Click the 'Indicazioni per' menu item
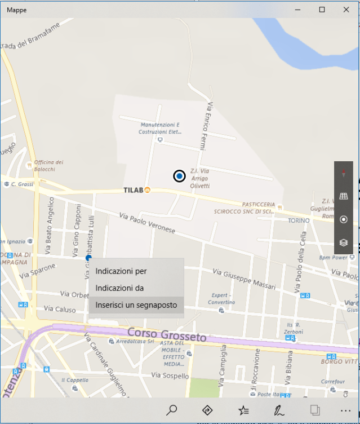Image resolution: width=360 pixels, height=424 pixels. [x=121, y=271]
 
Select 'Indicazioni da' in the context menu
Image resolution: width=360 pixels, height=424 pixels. [x=120, y=288]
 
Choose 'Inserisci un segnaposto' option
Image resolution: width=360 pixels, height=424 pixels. [x=136, y=305]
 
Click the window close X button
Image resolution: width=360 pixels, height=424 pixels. [x=346, y=10]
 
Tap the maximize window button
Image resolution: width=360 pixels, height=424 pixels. [x=322, y=10]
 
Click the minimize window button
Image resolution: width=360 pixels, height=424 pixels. [x=297, y=10]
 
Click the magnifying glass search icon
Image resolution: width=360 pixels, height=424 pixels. [x=172, y=410]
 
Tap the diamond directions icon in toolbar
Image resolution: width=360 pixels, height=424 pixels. [x=207, y=410]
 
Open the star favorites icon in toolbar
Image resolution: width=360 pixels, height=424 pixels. [x=243, y=410]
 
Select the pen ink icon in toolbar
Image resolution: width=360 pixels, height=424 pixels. [x=279, y=410]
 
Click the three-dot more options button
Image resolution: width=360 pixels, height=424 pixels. [x=345, y=410]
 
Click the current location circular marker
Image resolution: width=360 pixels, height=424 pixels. [x=179, y=176]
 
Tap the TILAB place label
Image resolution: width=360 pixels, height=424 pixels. [x=134, y=190]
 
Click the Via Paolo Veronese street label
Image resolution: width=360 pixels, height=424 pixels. [x=148, y=223]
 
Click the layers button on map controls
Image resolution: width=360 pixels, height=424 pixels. [x=343, y=242]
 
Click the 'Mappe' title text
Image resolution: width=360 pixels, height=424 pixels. [x=16, y=10]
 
